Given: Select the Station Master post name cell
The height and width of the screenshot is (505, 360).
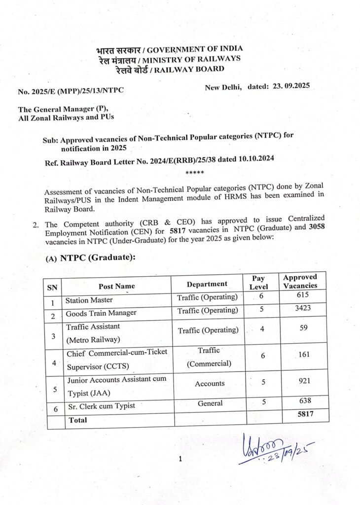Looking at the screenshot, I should [x=89, y=300].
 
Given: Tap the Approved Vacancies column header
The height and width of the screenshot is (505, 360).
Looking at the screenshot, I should [x=300, y=281].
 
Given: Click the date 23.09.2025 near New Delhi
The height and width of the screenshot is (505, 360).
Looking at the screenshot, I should [x=290, y=86].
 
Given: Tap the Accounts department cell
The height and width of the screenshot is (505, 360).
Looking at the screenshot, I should [x=210, y=383].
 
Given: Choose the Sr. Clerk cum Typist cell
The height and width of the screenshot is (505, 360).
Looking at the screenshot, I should [x=100, y=406].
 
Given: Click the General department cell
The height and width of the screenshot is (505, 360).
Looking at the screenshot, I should [x=210, y=403].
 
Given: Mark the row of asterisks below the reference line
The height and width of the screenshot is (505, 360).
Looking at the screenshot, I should [x=193, y=173].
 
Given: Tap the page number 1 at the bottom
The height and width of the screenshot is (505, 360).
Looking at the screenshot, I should [x=180, y=459].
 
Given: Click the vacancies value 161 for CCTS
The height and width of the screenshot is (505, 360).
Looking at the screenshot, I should [x=303, y=354].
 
